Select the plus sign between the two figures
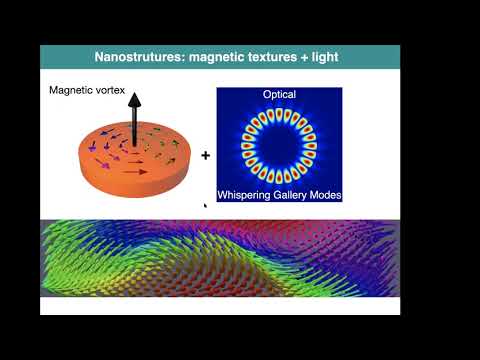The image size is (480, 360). click(206, 156)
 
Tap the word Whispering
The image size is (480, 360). click(251, 192)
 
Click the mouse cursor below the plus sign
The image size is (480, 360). click(205, 206)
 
